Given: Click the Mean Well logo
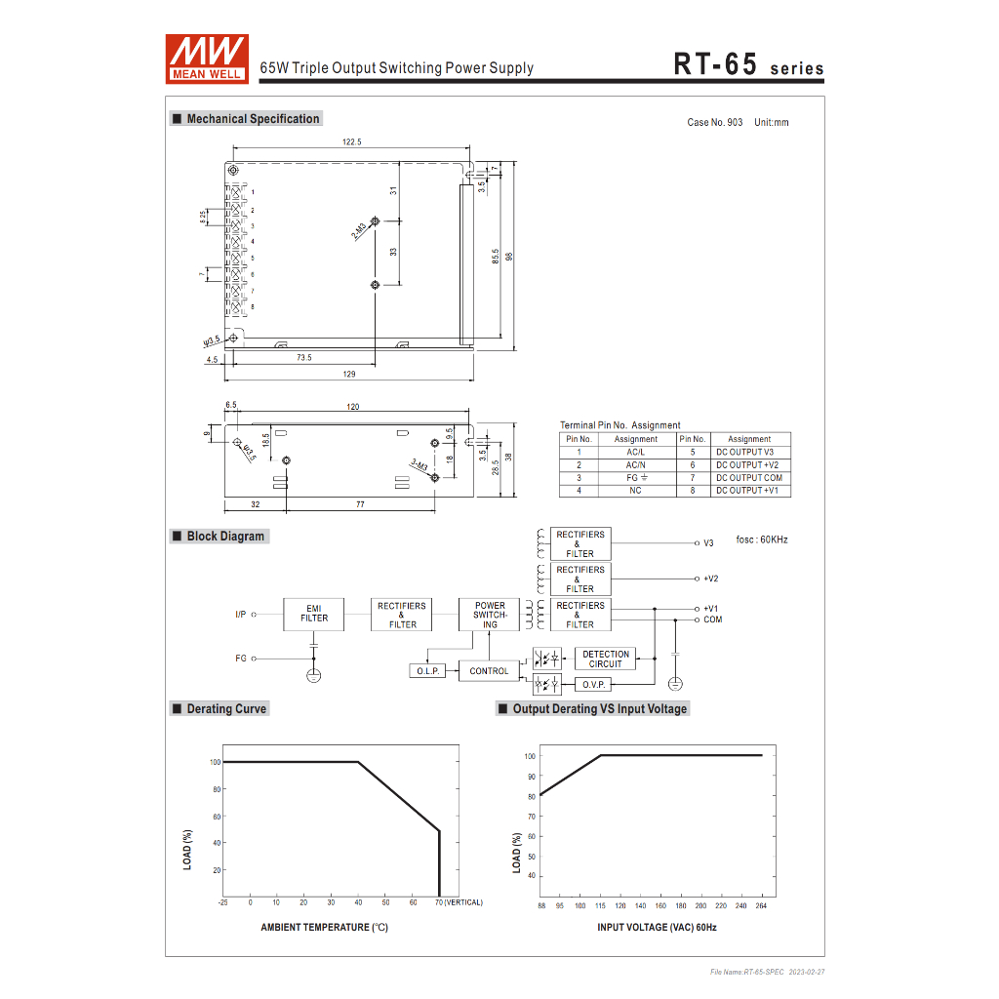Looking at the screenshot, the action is click(x=207, y=59).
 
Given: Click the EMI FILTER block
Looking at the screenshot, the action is click(x=313, y=615).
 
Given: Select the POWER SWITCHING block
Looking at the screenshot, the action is click(x=490, y=615).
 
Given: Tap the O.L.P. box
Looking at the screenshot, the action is click(x=427, y=671).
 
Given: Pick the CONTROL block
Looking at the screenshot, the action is click(x=489, y=671).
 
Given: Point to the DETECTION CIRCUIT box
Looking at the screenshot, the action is click(x=605, y=659).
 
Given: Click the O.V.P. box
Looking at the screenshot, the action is click(x=593, y=684).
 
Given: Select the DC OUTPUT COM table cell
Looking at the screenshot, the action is click(x=750, y=478).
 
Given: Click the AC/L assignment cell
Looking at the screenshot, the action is click(x=636, y=452).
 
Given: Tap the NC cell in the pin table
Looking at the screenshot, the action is click(x=636, y=491).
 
